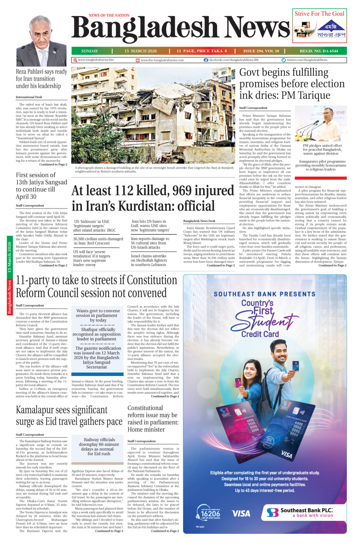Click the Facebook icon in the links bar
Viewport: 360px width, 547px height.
click(206, 60)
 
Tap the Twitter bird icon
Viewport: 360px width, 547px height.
click(284, 60)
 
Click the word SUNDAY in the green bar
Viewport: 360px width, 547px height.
click(89, 51)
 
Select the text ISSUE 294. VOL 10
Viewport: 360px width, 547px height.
click(261, 51)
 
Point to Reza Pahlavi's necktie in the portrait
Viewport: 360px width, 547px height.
click(43, 56)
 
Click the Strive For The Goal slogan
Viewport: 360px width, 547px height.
click(319, 14)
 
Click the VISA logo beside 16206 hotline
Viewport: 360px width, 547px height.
click(241, 513)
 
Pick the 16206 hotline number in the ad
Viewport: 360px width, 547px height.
click(210, 514)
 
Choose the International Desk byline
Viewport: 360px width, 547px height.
click(29, 97)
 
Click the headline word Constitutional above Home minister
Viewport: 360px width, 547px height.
click(145, 408)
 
